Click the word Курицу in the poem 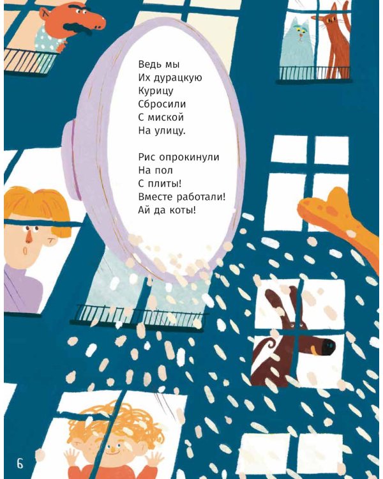(x=156, y=91)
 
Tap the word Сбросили (x=162, y=104)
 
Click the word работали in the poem (x=201, y=197)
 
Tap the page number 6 (x=20, y=464)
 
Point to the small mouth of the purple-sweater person (x=25, y=250)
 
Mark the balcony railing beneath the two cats (x=314, y=73)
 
